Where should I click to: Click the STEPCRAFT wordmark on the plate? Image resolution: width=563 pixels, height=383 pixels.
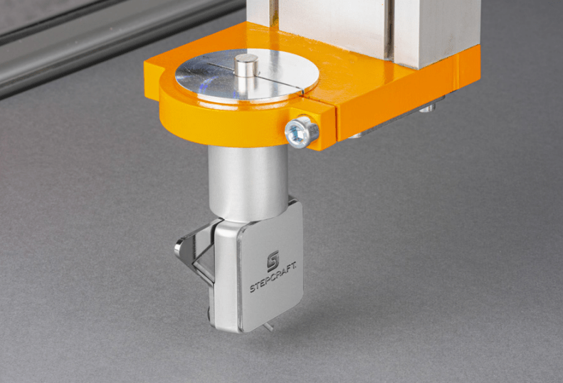(x=273, y=277)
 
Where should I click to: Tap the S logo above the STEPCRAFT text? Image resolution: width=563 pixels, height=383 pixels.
(x=273, y=260)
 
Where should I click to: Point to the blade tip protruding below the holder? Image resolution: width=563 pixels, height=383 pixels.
(x=268, y=327)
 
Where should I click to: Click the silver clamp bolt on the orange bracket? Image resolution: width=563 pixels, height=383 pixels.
(x=302, y=131)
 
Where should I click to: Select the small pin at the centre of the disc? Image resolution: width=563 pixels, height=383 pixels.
(x=246, y=65)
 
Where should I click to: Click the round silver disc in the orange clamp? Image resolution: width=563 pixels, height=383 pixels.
(x=247, y=75)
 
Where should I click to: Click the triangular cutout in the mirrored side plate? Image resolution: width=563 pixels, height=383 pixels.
(x=204, y=260)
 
